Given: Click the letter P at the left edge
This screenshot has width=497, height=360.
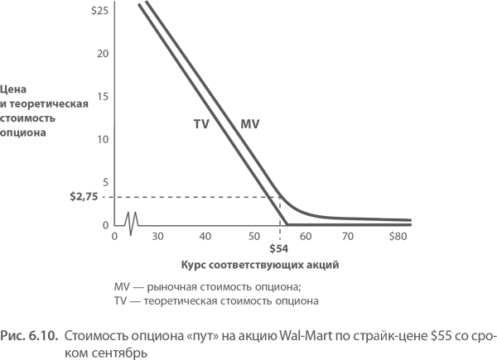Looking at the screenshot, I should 3,336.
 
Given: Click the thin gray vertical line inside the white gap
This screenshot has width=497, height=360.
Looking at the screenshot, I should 113,62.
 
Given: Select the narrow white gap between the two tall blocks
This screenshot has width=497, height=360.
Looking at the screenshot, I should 124,62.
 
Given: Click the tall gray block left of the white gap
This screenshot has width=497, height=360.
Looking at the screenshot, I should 55,62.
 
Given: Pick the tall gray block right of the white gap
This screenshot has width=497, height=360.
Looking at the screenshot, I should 195,62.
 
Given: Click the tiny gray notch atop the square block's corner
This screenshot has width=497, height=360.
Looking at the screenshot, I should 256,122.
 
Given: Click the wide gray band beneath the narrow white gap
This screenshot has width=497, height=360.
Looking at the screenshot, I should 124,182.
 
